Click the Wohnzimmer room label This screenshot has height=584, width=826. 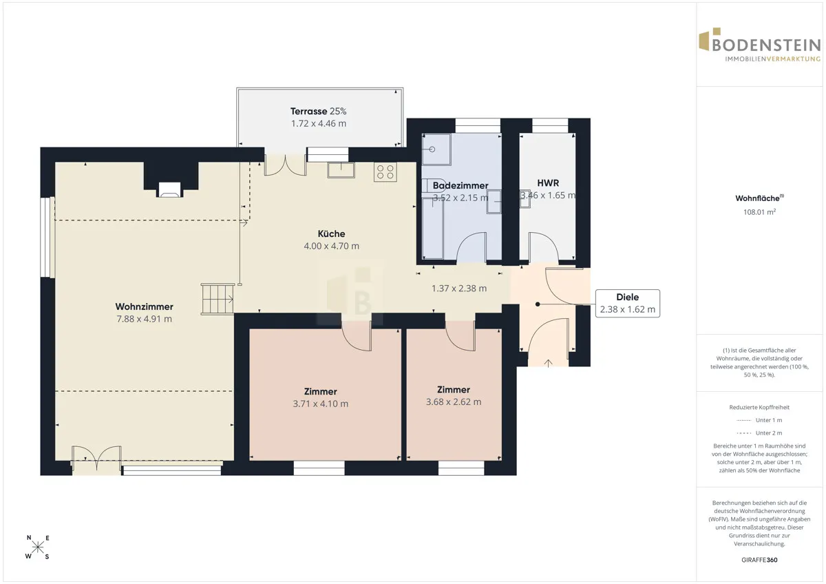click(144, 306)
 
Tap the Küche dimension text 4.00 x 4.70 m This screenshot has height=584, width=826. click(331, 246)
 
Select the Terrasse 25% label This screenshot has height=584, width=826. click(318, 111)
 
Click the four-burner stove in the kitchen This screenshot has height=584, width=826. click(385, 172)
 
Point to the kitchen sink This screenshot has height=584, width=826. click(341, 170)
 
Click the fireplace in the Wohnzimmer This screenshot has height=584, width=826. click(169, 189)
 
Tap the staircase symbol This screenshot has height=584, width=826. click(218, 299)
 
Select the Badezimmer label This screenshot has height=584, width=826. click(460, 185)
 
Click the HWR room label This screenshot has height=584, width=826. click(548, 183)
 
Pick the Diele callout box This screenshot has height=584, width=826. click(628, 303)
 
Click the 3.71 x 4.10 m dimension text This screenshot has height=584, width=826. click(321, 404)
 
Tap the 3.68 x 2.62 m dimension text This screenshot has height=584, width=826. click(454, 401)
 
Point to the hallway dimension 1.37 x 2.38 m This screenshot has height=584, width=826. click(459, 289)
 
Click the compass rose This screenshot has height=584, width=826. click(38, 547)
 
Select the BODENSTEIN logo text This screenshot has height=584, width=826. click(766, 45)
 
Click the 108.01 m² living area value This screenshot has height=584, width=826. click(759, 211)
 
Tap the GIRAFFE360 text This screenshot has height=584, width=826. click(759, 560)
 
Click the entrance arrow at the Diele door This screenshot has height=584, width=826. click(548, 364)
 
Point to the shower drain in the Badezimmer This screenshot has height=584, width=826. click(432, 149)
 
